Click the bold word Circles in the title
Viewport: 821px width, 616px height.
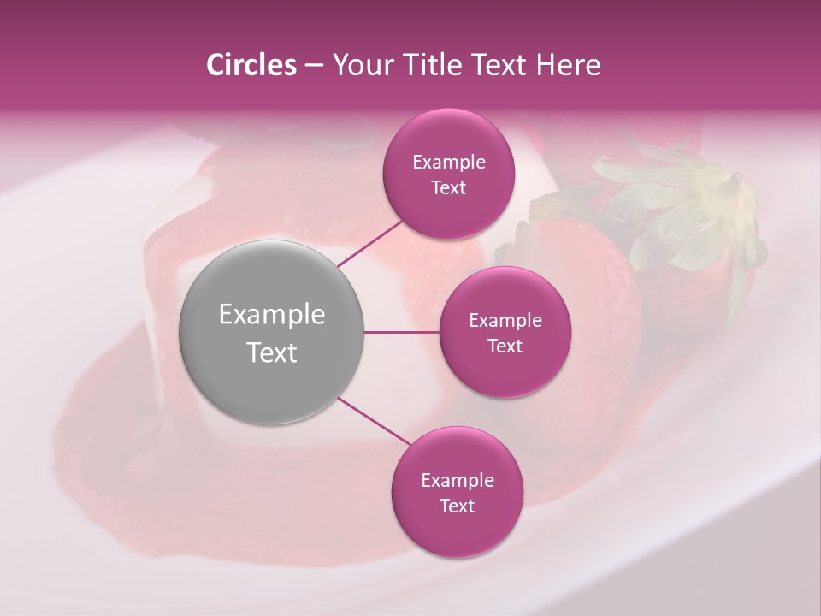(251, 65)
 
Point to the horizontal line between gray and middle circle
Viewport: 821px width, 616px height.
(402, 332)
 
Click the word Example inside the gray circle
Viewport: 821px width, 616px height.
(272, 315)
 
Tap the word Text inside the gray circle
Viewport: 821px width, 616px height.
(272, 352)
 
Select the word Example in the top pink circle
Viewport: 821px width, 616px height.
(448, 163)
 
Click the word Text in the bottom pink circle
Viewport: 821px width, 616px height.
(457, 506)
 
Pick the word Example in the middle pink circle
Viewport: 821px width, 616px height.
(505, 321)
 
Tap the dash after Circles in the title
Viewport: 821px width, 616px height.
(314, 66)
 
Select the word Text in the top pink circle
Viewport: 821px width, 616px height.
(448, 188)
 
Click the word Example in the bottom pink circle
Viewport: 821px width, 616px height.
(457, 481)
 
